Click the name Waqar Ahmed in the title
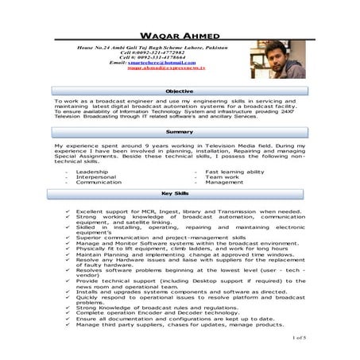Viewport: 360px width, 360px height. tap(179, 37)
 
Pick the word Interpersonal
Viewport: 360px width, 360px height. tap(95, 176)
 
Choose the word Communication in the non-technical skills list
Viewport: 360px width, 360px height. tap(99, 182)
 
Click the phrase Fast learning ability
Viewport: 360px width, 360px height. tap(234, 171)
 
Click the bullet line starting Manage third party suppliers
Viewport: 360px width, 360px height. tap(180, 324)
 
